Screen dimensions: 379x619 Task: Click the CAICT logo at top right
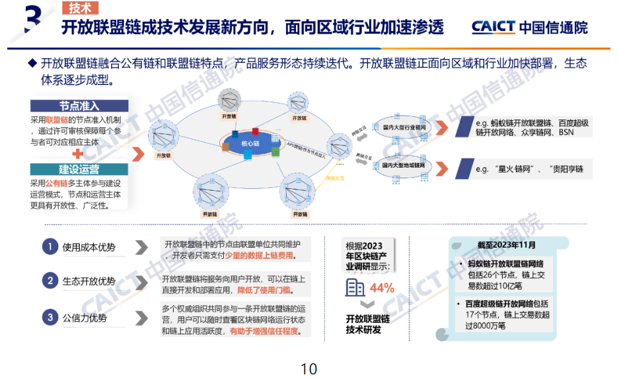click(529, 27)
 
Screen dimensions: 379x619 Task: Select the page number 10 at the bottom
click(309, 368)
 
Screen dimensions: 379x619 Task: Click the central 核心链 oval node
click(250, 143)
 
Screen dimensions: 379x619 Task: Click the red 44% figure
click(382, 289)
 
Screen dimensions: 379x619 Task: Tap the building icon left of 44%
click(355, 287)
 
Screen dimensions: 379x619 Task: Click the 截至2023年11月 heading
click(506, 246)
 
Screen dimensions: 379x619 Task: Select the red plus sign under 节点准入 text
click(77, 153)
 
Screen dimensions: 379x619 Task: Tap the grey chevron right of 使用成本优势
click(141, 247)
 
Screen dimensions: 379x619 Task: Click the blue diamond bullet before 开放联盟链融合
click(31, 63)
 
